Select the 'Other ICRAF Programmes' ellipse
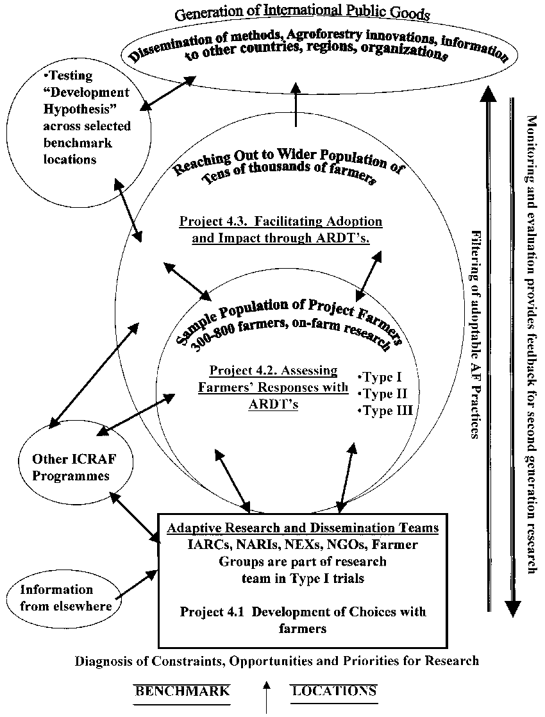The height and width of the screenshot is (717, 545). click(x=71, y=468)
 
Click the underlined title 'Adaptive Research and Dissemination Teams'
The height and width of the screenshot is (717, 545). click(x=303, y=528)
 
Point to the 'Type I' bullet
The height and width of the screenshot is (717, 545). click(x=380, y=378)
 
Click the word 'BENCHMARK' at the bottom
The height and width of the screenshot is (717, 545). click(x=181, y=691)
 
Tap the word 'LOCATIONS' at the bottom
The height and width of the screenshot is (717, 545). click(x=333, y=691)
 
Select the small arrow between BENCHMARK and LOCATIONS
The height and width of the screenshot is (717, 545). click(x=267, y=698)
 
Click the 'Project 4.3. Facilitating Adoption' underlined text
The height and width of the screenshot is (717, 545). click(x=281, y=221)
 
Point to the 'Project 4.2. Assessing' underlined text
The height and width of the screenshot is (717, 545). click(x=273, y=371)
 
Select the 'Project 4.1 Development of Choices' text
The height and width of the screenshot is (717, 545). click(x=303, y=611)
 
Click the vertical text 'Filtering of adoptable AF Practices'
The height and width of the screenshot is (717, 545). click(x=475, y=333)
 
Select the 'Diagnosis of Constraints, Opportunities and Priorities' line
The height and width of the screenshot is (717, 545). click(x=277, y=661)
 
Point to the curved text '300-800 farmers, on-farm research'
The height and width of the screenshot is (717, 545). click(x=292, y=333)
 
